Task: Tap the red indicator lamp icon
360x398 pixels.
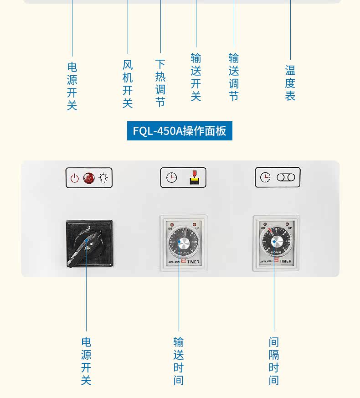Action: [89, 178]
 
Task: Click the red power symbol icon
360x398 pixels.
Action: [75, 178]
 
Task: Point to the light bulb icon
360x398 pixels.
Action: [104, 178]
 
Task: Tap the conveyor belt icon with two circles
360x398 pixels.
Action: [286, 177]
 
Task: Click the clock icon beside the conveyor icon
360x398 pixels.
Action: [265, 177]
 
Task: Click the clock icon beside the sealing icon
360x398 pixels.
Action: [171, 178]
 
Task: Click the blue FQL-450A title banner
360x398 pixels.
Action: [180, 131]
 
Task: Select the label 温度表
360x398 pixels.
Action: [290, 83]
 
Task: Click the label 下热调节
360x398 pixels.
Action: [160, 83]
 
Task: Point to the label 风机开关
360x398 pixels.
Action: [128, 84]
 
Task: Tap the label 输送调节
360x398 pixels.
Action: [234, 77]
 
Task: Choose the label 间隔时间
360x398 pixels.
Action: [273, 361]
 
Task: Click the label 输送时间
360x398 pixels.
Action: [179, 361]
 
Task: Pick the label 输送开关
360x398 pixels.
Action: [196, 77]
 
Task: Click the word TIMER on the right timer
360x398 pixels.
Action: [285, 262]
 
